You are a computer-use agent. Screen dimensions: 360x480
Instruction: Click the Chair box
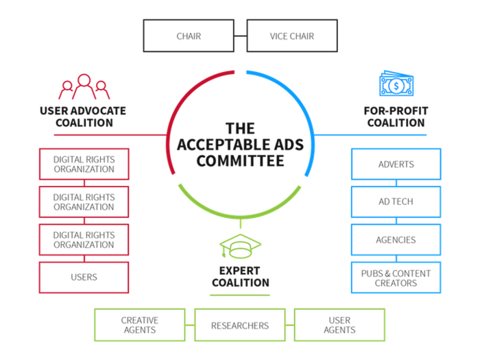(188, 36)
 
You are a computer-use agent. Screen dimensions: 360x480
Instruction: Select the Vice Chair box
(291, 36)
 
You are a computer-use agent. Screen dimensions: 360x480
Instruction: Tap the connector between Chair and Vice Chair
(239, 36)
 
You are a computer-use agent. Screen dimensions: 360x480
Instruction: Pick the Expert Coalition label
(239, 276)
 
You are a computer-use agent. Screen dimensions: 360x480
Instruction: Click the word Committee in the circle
(239, 162)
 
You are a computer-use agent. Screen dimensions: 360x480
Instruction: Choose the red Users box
(84, 277)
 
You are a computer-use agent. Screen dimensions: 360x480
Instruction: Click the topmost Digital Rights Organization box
(84, 163)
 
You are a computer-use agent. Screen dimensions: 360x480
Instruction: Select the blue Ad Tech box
(396, 202)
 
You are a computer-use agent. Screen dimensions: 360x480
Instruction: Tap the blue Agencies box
(396, 239)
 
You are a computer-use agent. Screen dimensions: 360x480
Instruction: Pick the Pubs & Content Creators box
(396, 277)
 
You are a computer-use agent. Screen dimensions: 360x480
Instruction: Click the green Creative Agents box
(140, 324)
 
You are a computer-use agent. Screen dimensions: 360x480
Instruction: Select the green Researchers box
(239, 324)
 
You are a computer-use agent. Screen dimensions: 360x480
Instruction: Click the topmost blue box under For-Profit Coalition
(396, 164)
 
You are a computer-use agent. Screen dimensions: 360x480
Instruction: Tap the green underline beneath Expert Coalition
(239, 295)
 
